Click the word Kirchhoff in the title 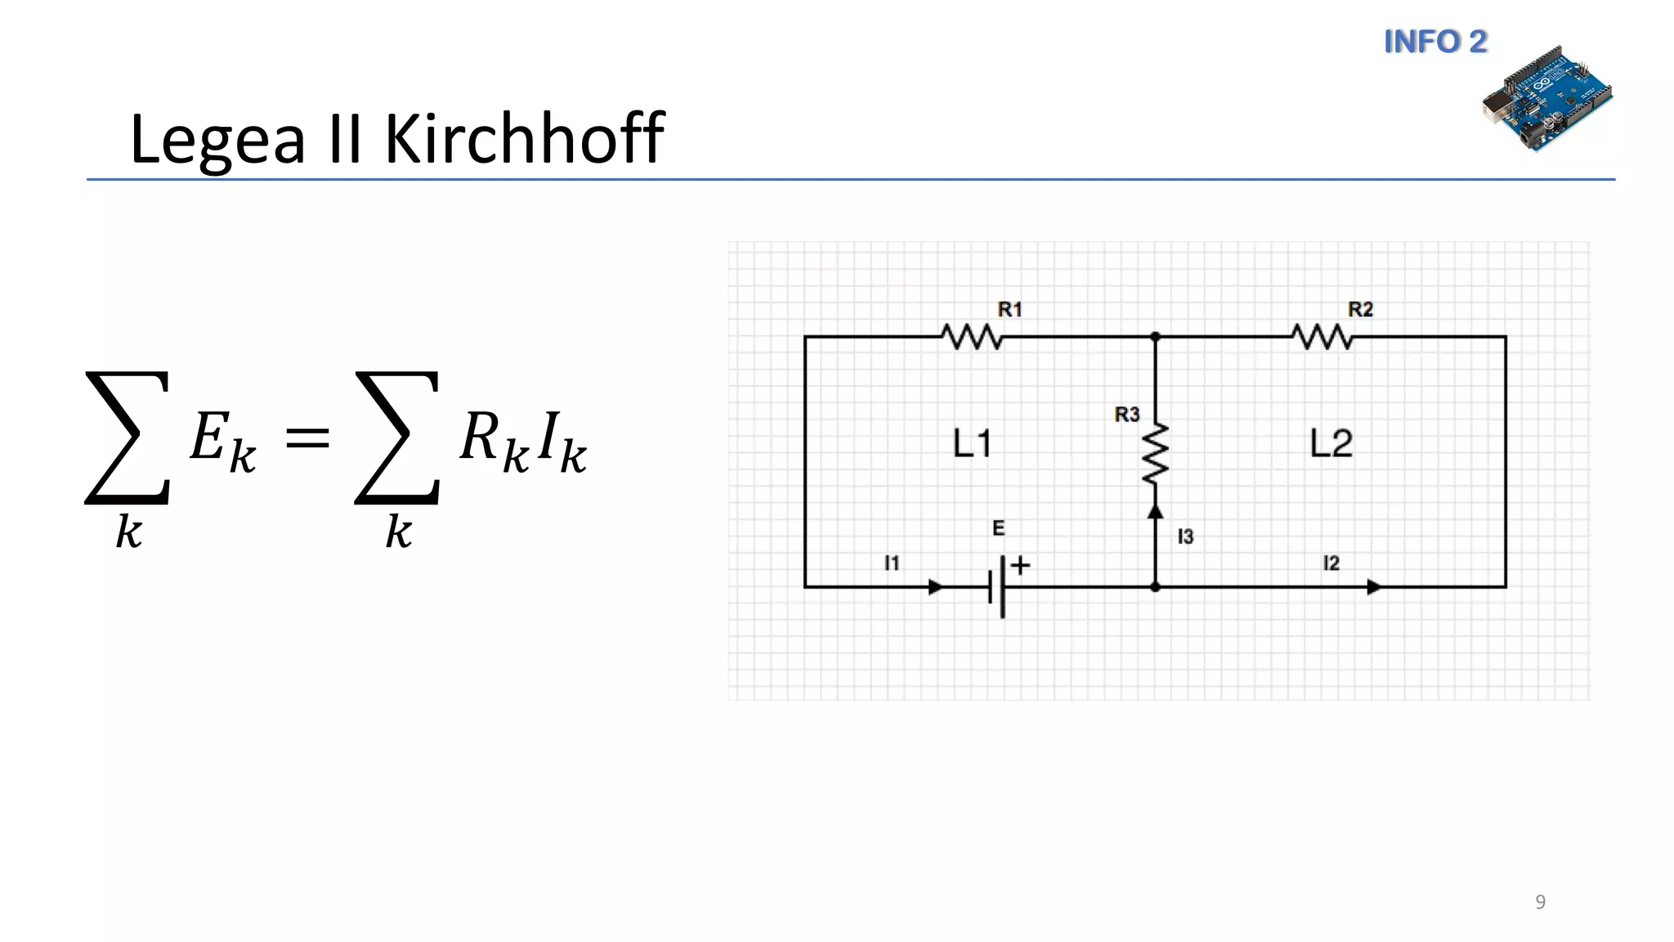pos(523,139)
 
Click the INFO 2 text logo pos(1435,42)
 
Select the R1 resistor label pos(1010,310)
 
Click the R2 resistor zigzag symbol pos(1322,337)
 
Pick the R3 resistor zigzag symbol pos(1155,454)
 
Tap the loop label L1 pos(973,444)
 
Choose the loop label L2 pos(1332,444)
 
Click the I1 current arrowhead pos(936,587)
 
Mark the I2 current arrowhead pos(1374,587)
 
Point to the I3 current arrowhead pos(1155,511)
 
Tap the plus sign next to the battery pos(1020,565)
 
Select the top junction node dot pos(1155,337)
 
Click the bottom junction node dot pos(1155,587)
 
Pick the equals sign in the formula pos(307,439)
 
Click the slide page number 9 pos(1540,902)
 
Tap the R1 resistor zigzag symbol pos(971,337)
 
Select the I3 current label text pos(1185,537)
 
